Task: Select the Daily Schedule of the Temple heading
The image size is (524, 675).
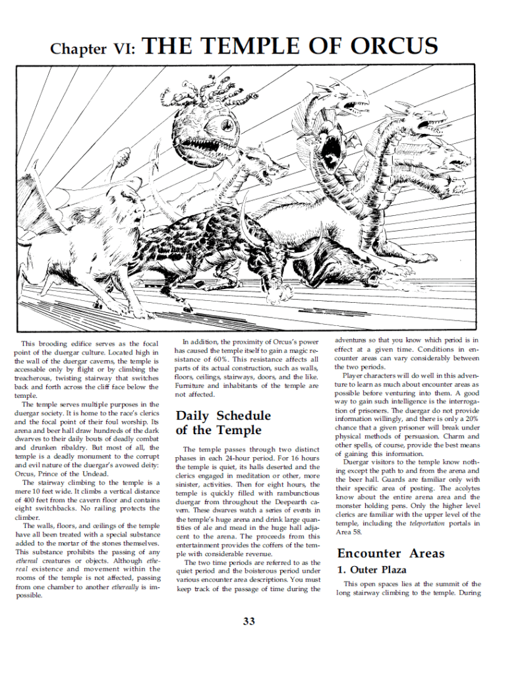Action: click(223, 423)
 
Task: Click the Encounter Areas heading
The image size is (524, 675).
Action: click(391, 553)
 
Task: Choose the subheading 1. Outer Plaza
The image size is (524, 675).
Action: click(372, 569)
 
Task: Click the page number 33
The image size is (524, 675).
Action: click(248, 621)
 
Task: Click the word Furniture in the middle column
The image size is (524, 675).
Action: click(194, 384)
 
